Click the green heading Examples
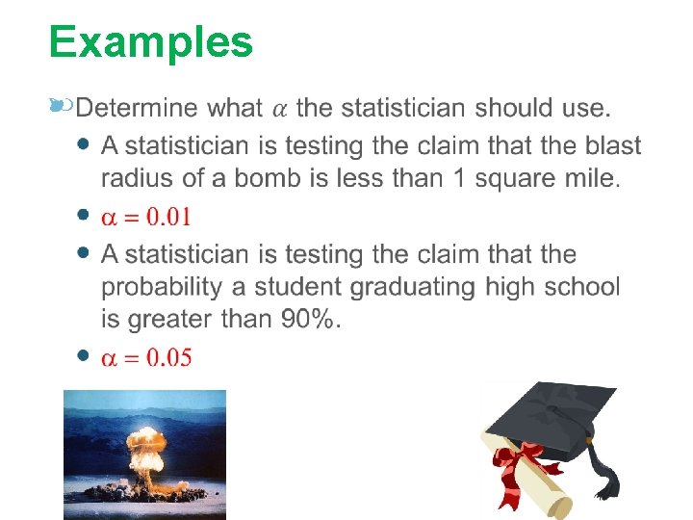pos(151,42)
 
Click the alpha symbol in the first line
pos(277,108)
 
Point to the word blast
pos(606,146)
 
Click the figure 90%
pos(309,319)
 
